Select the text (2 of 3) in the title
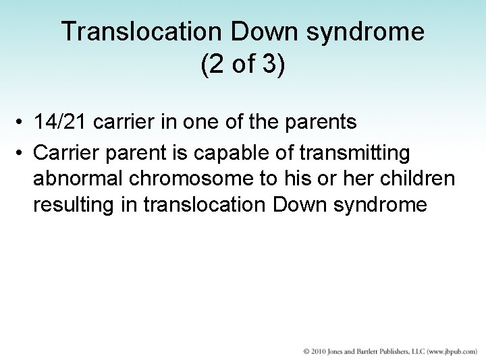243,67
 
